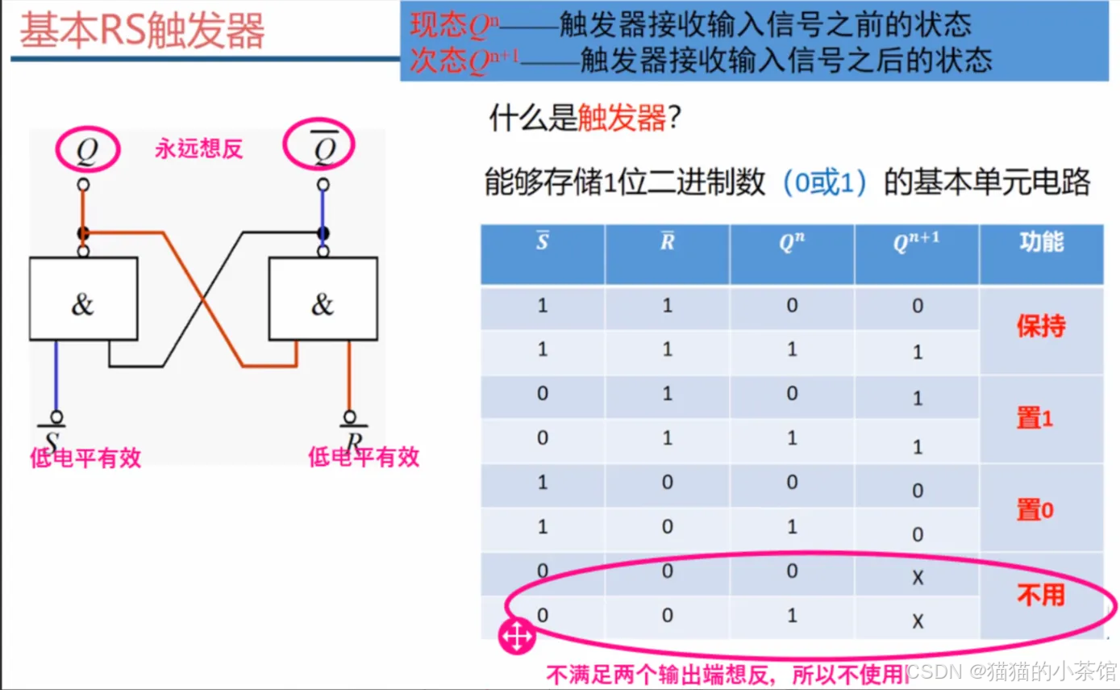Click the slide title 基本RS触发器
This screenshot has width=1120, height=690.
pos(142,31)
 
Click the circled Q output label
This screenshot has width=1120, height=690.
pos(87,150)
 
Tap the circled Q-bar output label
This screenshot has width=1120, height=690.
pos(320,145)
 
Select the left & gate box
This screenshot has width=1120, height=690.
pos(83,299)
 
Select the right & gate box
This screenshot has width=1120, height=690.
pos(322,299)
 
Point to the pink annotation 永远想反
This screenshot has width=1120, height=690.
pos(199,149)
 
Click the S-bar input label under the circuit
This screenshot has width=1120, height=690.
pos(54,440)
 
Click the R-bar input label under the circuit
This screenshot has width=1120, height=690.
pos(351,440)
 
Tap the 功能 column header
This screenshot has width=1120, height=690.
pos(1041,241)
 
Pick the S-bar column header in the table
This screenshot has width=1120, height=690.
pos(543,242)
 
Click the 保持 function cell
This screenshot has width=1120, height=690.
pos(1041,327)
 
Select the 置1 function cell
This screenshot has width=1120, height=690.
pos(1035,418)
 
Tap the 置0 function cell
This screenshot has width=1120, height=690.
pos(1035,510)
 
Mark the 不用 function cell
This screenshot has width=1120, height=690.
pos(1041,596)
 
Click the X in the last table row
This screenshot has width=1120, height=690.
pos(917,621)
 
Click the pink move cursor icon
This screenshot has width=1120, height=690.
pos(516,637)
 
